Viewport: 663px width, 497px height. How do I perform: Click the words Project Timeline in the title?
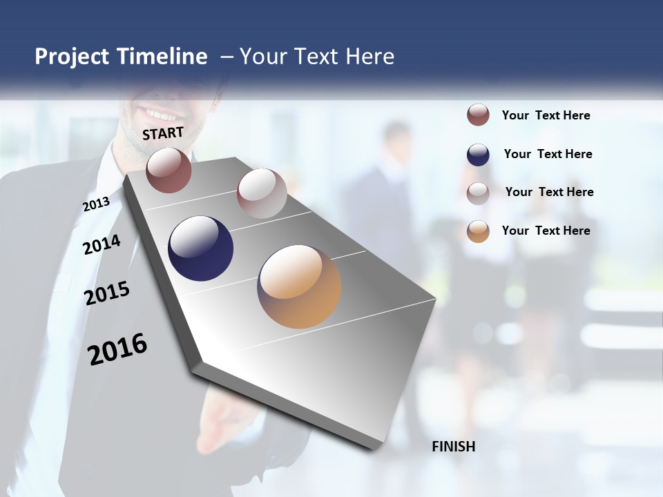tap(121, 57)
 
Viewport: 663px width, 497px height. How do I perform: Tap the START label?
tap(163, 133)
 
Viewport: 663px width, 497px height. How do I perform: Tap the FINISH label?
tap(454, 447)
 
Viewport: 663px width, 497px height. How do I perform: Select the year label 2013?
tap(96, 204)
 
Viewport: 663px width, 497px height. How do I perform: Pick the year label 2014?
tap(102, 244)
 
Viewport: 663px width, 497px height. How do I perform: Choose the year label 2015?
tap(107, 293)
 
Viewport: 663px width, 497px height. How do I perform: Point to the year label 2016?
tap(117, 349)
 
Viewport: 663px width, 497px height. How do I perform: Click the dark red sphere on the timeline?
tap(169, 170)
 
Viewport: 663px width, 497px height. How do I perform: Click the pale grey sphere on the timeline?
tap(262, 193)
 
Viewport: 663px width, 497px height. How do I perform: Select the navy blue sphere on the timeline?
tap(201, 248)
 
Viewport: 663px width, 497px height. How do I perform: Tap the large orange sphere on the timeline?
tap(299, 286)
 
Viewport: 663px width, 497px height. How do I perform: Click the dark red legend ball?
tap(478, 115)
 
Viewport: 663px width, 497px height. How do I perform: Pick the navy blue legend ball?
tap(478, 155)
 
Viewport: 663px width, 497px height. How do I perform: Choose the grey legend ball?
tap(478, 193)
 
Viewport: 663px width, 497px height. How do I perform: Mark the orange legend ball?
tap(478, 231)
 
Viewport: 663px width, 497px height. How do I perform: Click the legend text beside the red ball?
tap(546, 115)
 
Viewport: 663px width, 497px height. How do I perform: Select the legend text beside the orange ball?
tap(546, 231)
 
